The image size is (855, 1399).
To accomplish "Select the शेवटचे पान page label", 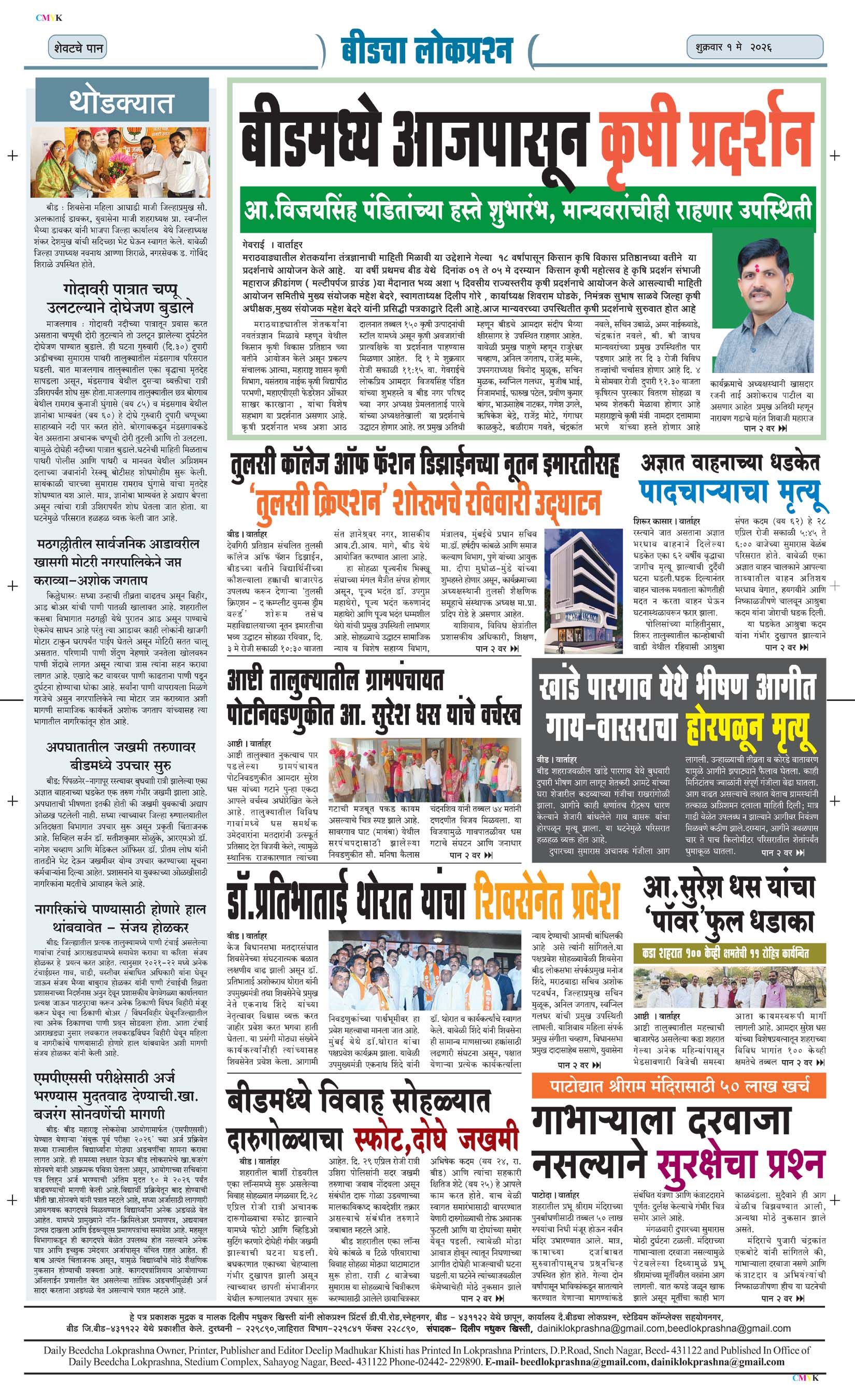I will point(78,48).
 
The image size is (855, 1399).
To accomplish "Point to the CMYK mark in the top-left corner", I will point(48,18).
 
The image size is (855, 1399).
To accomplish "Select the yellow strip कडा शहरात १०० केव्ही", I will point(729,952).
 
